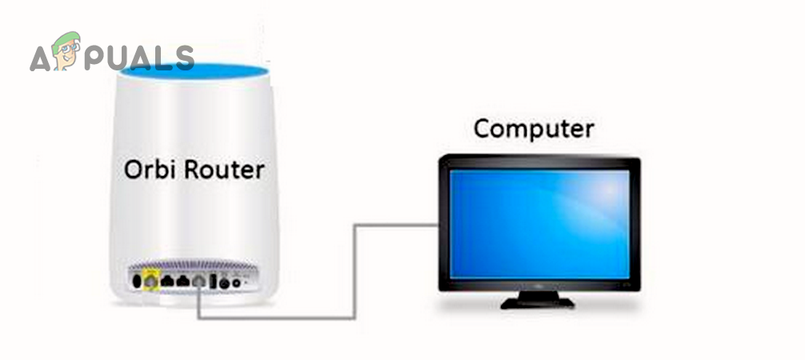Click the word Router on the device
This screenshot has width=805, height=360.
224,170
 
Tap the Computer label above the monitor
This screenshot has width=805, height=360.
534,128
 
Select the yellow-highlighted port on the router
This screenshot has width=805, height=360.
150,281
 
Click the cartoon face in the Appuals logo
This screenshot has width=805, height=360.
66,51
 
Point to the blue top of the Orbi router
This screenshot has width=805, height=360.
194,71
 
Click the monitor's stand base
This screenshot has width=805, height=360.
538,303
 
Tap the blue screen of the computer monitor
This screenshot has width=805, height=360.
539,224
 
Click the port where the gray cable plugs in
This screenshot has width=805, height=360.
198,281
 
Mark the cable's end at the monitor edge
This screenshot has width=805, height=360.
438,225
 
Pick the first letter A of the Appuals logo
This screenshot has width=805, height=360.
41,58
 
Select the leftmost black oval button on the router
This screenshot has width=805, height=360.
137,281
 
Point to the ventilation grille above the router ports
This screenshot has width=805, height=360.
193,266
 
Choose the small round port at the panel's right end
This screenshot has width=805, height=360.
236,282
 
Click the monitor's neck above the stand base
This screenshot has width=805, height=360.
538,294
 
